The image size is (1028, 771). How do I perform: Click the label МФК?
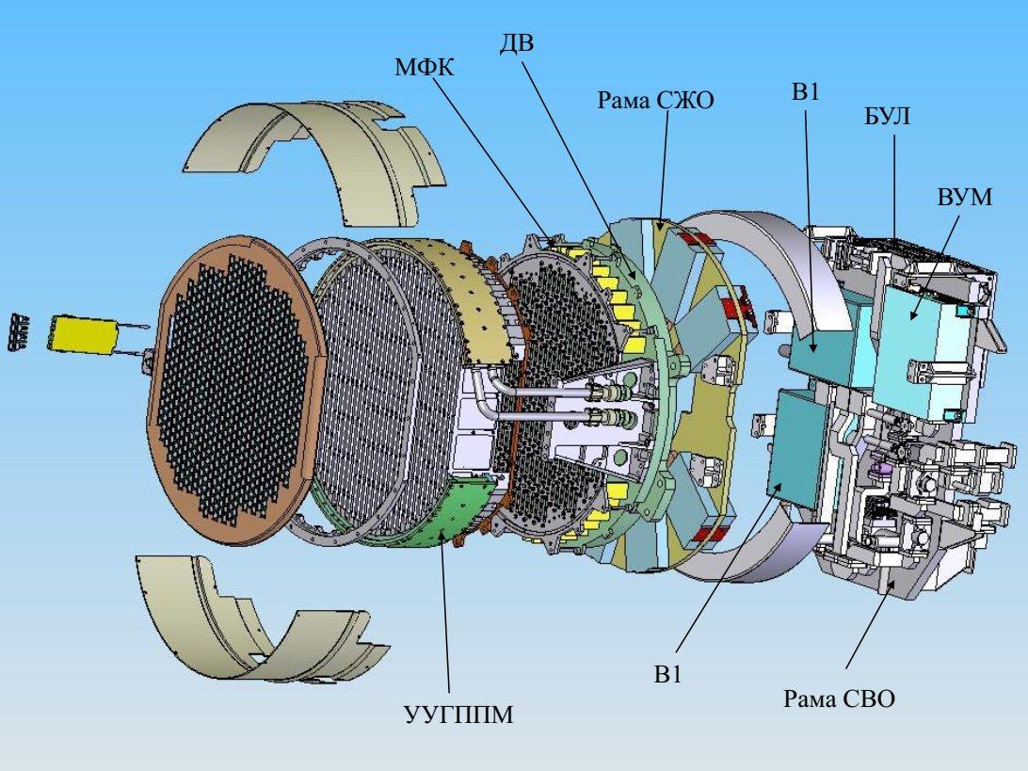(x=425, y=68)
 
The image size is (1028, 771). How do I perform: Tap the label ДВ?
(x=517, y=43)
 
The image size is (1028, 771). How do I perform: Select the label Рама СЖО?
(x=655, y=101)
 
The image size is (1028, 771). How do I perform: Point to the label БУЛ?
(x=887, y=117)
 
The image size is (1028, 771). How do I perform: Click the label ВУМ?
(x=964, y=197)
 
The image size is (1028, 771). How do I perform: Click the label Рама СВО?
(x=839, y=699)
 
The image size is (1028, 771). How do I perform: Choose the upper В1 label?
(x=806, y=92)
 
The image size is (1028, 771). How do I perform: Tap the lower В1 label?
(x=667, y=675)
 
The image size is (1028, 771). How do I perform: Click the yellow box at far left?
(x=83, y=333)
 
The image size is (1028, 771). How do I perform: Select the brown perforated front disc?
(x=237, y=382)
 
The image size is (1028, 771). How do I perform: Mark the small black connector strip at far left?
(x=19, y=331)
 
